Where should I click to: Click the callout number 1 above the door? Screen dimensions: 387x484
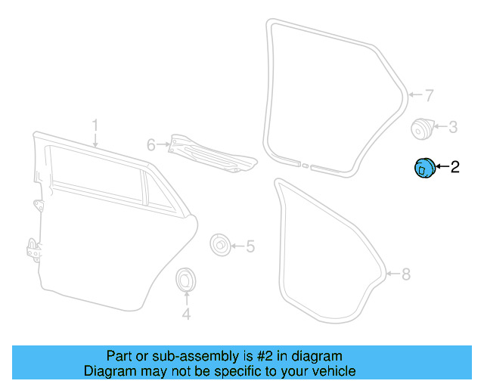click(95, 125)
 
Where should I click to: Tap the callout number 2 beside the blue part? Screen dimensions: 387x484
click(455, 168)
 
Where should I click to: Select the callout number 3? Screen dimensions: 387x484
click(452, 128)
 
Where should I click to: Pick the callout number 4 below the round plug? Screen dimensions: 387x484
click(186, 314)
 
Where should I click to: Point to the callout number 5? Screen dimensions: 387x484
click(250, 246)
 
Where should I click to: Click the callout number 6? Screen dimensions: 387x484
click(150, 144)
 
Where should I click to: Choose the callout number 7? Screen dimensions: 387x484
click(428, 96)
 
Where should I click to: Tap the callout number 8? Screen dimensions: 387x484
click(406, 274)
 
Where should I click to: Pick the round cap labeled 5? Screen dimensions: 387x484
click(219, 246)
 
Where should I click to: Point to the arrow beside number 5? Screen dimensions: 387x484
click(237, 246)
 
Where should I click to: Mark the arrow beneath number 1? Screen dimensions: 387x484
click(95, 139)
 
